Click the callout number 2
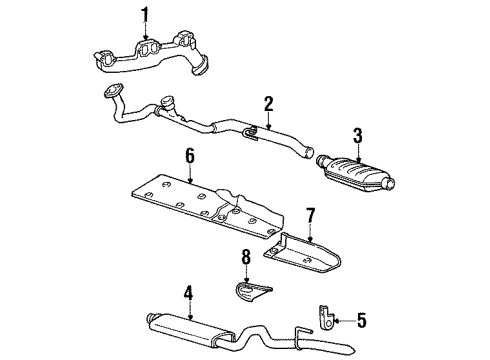[x=268, y=103]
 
